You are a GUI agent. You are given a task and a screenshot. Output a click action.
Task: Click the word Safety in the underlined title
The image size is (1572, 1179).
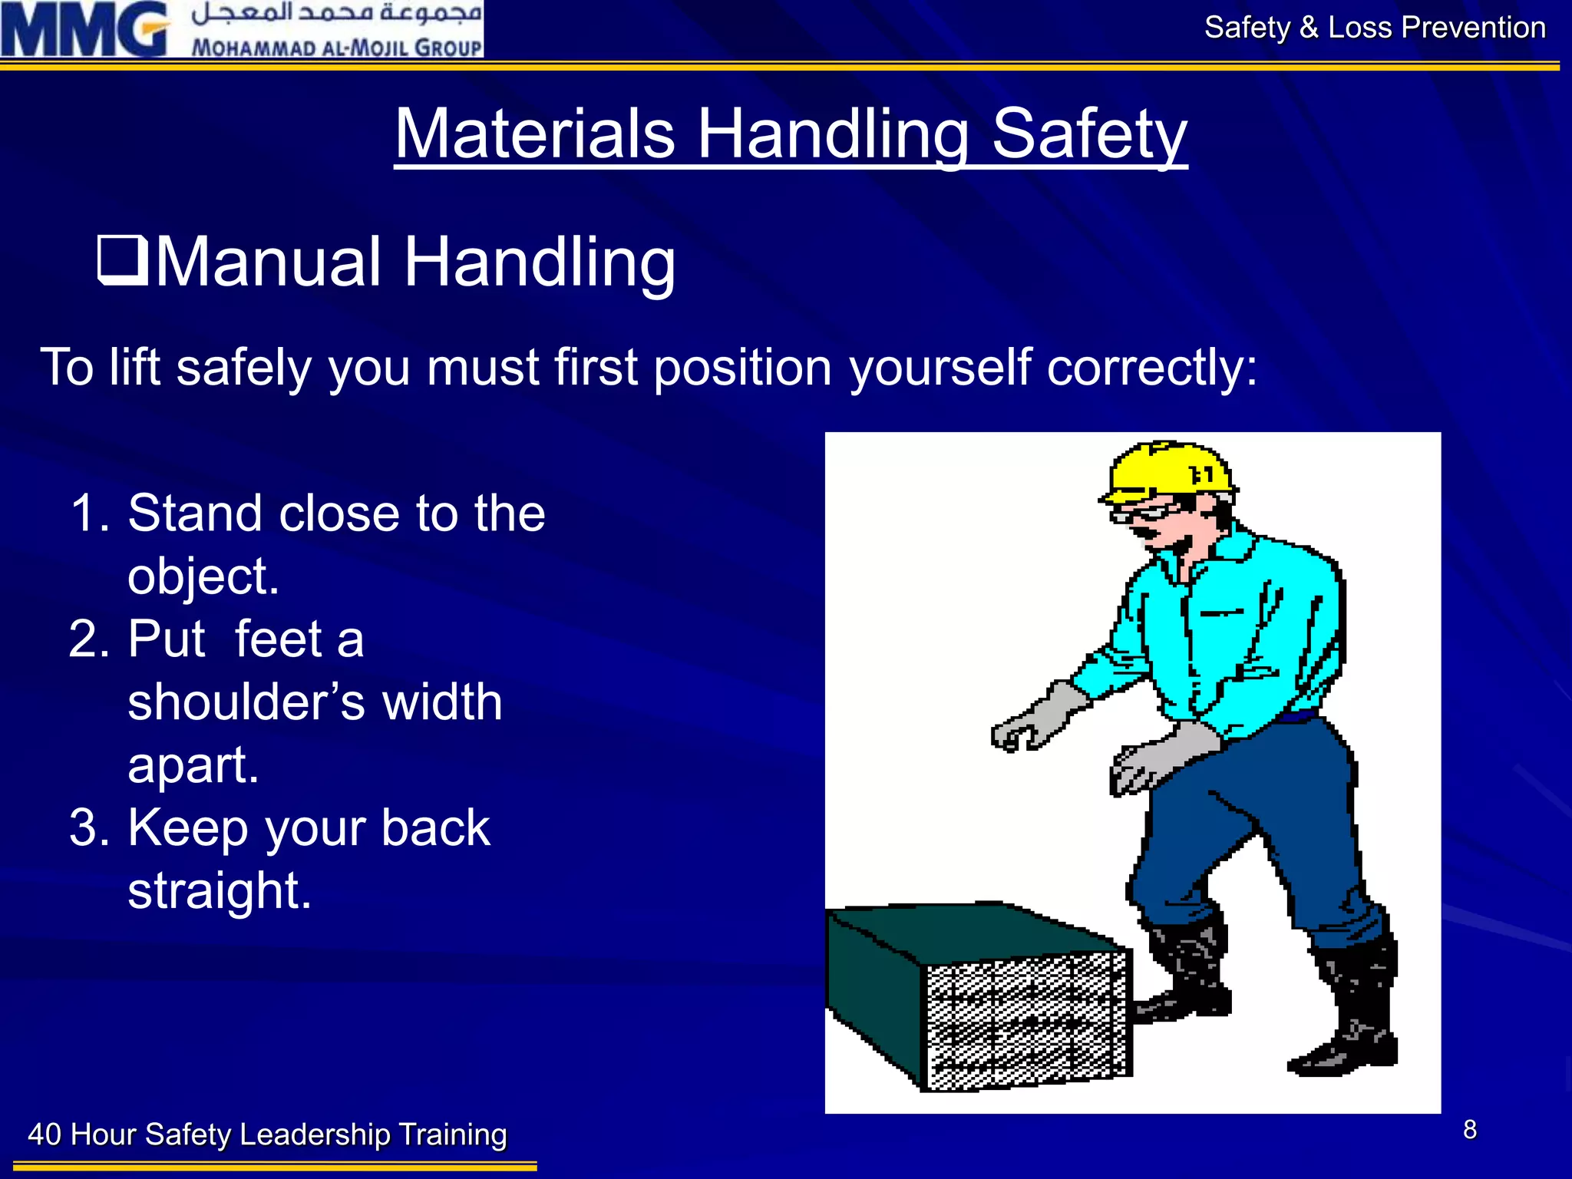[1089, 135]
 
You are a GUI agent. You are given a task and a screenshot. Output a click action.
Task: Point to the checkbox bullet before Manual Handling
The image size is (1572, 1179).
[122, 260]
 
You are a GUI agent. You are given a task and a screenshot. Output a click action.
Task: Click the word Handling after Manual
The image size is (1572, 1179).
[539, 263]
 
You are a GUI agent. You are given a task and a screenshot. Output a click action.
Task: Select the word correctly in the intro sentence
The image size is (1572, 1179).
[1152, 368]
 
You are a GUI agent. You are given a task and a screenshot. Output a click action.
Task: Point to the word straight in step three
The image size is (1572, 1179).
[220, 891]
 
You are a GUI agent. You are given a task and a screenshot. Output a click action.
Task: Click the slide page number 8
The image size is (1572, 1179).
[1469, 1130]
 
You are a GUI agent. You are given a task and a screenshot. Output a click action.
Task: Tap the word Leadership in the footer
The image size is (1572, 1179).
[315, 1134]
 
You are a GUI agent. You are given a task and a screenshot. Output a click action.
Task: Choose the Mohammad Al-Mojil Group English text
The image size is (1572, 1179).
[337, 47]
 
